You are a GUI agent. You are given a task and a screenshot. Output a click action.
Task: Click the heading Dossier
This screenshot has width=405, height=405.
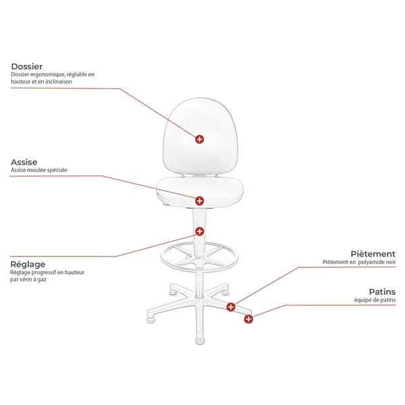pos(26,66)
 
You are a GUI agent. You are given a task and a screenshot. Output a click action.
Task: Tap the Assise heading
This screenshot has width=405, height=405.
pos(24,162)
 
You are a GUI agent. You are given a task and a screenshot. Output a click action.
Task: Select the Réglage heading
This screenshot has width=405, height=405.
pos(28,264)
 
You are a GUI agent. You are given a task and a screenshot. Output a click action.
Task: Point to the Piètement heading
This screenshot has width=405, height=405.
pos(373,254)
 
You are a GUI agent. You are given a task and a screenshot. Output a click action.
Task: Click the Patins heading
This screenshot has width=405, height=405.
pos(382,292)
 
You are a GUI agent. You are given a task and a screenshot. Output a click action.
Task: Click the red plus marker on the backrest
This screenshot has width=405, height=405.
pos(199,139)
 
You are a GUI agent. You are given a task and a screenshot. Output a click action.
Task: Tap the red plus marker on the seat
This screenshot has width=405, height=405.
pos(199,200)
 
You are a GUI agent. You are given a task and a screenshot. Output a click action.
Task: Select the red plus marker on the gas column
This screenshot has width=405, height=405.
pos(199,232)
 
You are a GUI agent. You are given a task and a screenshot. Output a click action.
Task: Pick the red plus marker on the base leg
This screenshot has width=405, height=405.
pos(231,307)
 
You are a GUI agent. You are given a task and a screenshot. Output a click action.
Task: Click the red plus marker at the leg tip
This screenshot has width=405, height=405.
pos(248,319)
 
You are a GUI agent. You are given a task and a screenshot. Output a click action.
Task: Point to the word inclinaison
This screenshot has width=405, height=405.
pos(59,82)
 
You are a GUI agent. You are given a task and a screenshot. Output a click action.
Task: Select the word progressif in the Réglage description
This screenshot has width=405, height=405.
pos(43,273)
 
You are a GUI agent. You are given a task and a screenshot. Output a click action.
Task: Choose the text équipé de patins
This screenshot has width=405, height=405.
pos(375,300)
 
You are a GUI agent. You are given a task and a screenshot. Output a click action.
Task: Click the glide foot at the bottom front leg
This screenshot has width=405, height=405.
pos(200,341)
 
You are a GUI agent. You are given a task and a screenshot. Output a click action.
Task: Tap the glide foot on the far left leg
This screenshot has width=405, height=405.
pos(151,320)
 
